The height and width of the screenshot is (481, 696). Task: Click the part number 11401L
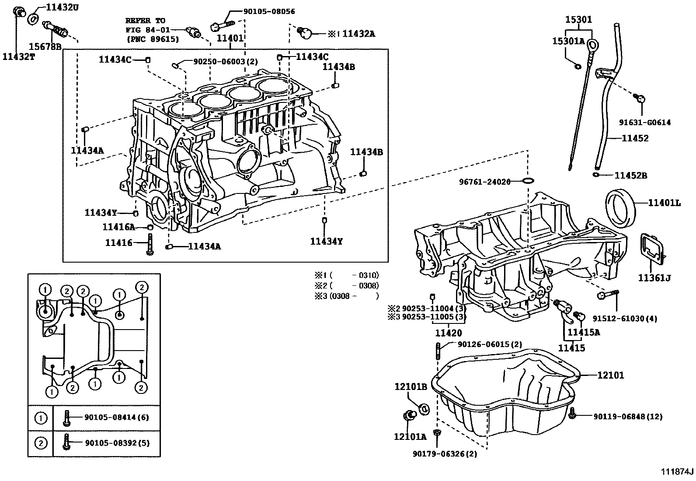664,203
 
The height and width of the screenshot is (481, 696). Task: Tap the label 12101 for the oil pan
611,375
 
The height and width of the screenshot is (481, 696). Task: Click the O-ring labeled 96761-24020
528,181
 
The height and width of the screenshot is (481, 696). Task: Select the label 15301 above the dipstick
578,20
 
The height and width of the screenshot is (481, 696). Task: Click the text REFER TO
145,21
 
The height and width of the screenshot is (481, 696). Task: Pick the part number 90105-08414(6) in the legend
116,418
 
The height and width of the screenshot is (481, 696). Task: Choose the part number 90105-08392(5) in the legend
116,443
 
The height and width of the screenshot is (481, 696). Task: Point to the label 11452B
631,176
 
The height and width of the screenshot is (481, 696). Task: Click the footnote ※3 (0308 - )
346,296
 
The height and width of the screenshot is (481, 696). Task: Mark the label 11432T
18,56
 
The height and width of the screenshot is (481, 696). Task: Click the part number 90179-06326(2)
444,454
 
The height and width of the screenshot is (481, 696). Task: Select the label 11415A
584,332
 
